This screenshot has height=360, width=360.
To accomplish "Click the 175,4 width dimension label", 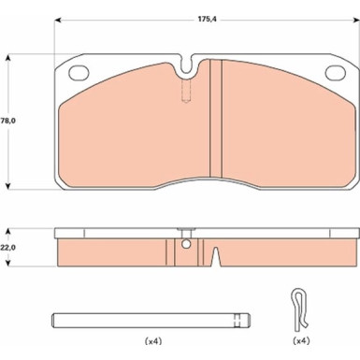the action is click(208, 19).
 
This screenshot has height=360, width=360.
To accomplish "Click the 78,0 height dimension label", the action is click(7, 121).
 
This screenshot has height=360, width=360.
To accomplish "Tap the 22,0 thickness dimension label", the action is click(8, 248).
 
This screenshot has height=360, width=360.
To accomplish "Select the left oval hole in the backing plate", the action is click(79, 73).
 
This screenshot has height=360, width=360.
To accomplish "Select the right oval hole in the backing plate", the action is click(336, 73).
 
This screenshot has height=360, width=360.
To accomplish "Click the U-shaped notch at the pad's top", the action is click(186, 65).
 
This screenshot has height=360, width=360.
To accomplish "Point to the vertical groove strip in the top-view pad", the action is click(216, 119).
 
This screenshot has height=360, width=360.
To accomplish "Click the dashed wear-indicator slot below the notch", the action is click(186, 91).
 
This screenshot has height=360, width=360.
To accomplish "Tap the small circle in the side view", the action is click(186, 244).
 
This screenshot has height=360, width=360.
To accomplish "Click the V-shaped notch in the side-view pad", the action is click(216, 256).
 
